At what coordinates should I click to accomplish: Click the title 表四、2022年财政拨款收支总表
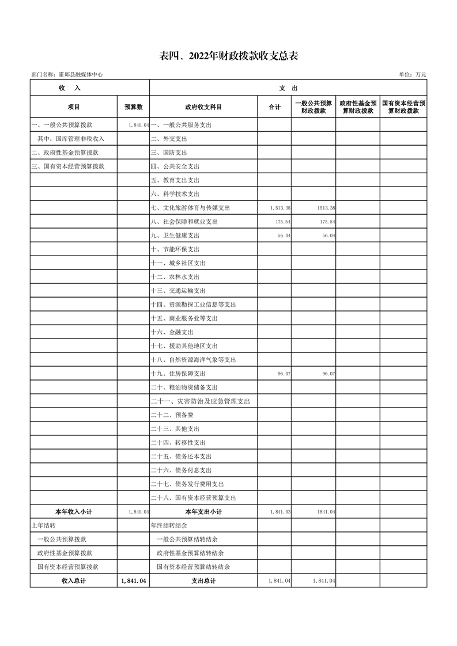tap(228, 56)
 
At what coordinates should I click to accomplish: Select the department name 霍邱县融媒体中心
tap(80, 74)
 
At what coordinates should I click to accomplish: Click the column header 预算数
tap(133, 107)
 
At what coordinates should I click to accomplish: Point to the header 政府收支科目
tap(203, 107)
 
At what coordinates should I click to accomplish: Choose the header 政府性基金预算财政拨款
tap(357, 107)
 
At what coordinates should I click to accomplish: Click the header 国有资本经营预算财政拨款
tap(403, 107)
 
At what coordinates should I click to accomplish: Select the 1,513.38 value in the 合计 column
tap(280, 208)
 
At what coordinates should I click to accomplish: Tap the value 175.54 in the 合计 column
tap(282, 222)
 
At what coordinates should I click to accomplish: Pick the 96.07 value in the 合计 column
tap(283, 374)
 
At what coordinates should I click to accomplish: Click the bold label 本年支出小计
tap(203, 512)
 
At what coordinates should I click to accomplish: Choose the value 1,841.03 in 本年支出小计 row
tap(280, 512)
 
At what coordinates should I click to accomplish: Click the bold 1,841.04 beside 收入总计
tap(133, 582)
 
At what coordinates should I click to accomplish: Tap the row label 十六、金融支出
tap(172, 332)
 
